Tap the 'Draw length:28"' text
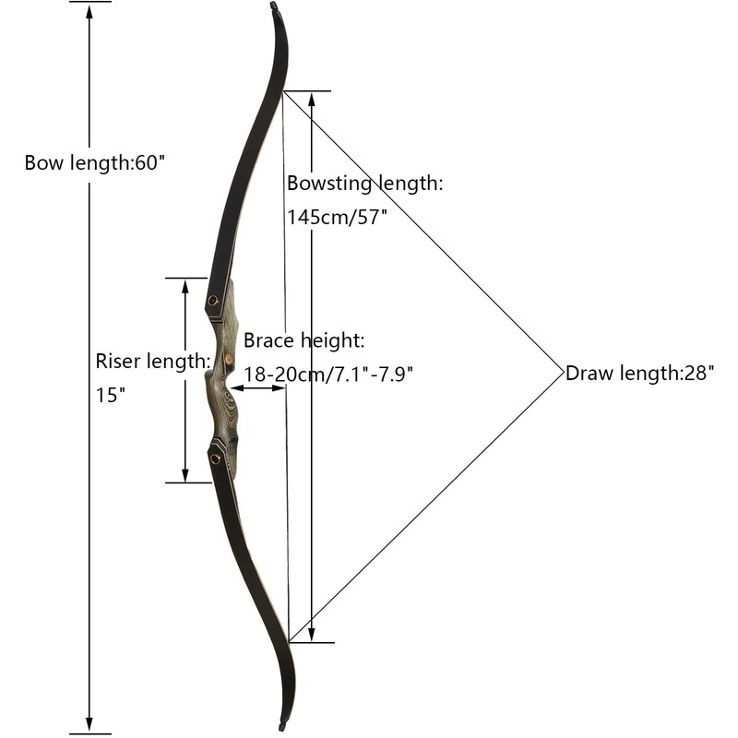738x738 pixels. click(x=639, y=374)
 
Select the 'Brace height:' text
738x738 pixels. click(x=304, y=340)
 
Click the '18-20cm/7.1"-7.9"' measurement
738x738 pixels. click(x=327, y=374)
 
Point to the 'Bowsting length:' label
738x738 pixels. click(x=364, y=183)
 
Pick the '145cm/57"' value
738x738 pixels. click(x=337, y=217)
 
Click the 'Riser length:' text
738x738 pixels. click(x=153, y=360)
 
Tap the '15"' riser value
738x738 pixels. click(x=110, y=395)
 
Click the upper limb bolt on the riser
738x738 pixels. click(x=214, y=301)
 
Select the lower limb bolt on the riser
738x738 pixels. click(x=215, y=458)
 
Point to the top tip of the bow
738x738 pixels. click(x=274, y=7)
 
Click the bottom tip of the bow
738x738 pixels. click(x=282, y=728)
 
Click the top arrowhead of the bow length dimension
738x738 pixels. click(x=89, y=11)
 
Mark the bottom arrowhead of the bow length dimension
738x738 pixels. click(x=89, y=725)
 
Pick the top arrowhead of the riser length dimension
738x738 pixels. click(x=185, y=286)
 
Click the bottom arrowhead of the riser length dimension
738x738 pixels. click(x=185, y=473)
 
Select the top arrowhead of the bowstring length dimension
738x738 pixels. click(x=312, y=100)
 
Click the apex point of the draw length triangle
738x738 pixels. click(x=563, y=373)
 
